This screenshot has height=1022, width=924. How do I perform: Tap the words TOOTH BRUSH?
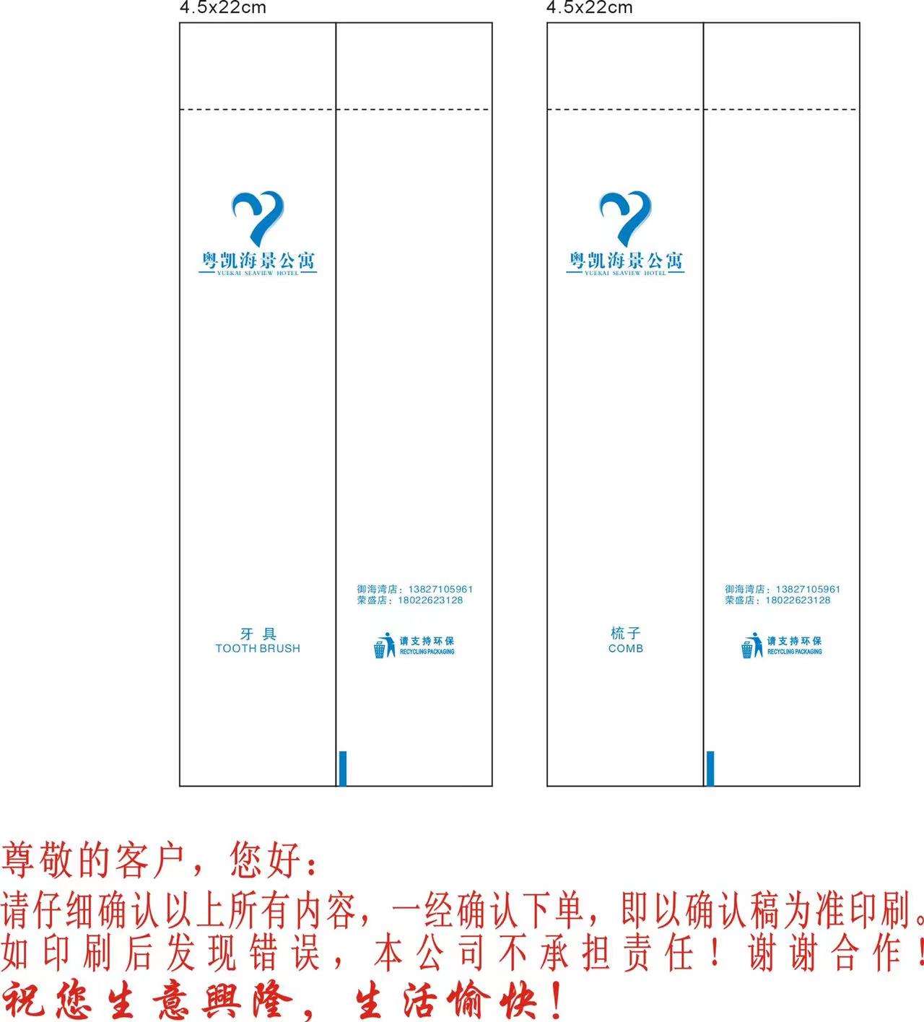click(x=258, y=648)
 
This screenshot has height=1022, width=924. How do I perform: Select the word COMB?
click(x=626, y=648)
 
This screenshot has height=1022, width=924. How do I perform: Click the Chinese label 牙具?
click(x=258, y=634)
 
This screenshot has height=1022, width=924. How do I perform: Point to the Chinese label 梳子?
click(x=626, y=633)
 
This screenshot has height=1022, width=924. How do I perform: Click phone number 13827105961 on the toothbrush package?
click(x=440, y=589)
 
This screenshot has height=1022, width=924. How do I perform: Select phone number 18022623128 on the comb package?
click(x=798, y=600)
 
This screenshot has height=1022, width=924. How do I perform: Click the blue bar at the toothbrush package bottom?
click(x=343, y=768)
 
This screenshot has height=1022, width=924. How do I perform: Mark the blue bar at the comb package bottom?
click(x=710, y=768)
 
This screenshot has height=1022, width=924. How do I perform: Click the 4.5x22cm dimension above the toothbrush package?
click(x=222, y=8)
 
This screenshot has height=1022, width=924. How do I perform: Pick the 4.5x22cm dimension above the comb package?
click(x=589, y=8)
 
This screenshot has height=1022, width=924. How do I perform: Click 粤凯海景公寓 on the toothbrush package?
click(x=258, y=260)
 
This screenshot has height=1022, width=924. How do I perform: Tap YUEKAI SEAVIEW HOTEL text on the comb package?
click(x=625, y=274)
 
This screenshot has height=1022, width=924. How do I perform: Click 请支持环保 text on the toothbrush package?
click(x=427, y=641)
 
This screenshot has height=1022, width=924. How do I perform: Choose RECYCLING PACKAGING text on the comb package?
click(x=794, y=652)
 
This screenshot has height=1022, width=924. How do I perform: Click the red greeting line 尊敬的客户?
click(x=94, y=860)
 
